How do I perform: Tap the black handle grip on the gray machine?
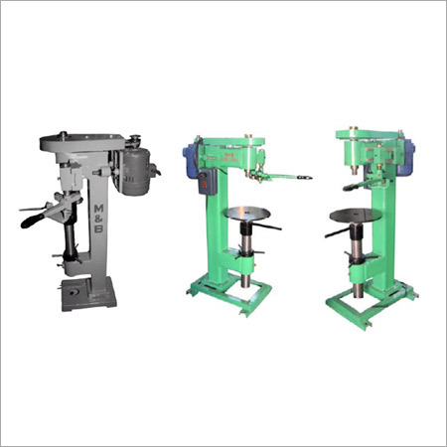[x=34, y=213]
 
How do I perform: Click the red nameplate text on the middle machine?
[x=227, y=154]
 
